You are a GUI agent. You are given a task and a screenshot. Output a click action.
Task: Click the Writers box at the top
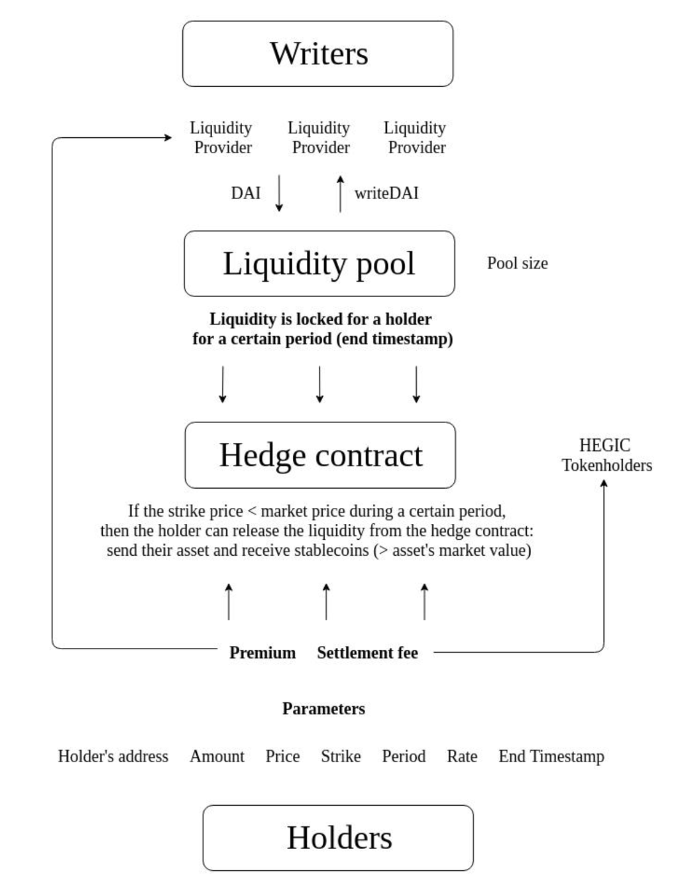317,54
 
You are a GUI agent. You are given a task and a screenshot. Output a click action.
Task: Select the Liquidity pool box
319,263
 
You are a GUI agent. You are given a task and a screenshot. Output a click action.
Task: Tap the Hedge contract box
320,455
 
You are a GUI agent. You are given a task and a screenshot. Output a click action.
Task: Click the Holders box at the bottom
338,838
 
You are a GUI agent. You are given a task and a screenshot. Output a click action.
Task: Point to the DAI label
245,193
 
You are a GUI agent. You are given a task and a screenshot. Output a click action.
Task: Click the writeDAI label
386,193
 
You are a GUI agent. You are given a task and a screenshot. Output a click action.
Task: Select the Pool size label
517,263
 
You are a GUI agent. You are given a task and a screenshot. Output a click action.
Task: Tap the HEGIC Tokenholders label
606,455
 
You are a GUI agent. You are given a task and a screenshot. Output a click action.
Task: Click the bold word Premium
262,653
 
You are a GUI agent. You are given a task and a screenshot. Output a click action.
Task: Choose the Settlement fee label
367,653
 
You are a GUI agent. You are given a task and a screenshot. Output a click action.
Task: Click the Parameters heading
323,708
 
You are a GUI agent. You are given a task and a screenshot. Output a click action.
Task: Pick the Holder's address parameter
113,756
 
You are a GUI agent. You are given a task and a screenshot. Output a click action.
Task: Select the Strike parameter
341,756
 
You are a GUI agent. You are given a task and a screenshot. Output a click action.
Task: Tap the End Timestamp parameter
551,756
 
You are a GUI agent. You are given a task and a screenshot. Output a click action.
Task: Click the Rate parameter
462,756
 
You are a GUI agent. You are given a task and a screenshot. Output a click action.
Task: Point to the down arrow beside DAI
279,193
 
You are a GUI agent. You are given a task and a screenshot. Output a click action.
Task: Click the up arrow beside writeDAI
340,193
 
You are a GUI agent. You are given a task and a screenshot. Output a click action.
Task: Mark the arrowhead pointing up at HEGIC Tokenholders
604,483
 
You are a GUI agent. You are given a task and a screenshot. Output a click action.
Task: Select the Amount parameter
217,756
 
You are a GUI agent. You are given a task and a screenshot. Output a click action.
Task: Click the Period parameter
404,756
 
